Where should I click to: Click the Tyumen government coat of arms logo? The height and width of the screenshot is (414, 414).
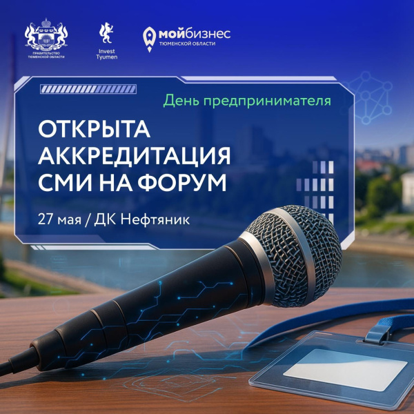point(46,38)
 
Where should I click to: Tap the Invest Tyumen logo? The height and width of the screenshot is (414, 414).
point(107,41)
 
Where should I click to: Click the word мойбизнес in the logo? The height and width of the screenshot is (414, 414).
point(195,34)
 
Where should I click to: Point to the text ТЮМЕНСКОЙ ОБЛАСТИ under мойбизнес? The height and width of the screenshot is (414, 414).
point(187,44)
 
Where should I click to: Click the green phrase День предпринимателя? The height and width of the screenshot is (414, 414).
point(247,101)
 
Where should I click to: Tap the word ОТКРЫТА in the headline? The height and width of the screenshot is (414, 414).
point(95,129)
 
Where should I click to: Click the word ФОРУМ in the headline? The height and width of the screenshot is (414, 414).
point(182,182)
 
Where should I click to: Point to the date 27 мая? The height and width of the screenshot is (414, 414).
point(59,219)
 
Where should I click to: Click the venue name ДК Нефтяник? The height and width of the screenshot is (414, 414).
point(141,219)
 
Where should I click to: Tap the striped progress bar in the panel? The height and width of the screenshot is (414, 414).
point(88,89)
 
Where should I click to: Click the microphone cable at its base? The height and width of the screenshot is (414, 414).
point(16,361)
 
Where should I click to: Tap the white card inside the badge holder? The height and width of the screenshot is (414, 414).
point(345,369)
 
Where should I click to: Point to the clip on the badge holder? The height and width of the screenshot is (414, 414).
point(377,332)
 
